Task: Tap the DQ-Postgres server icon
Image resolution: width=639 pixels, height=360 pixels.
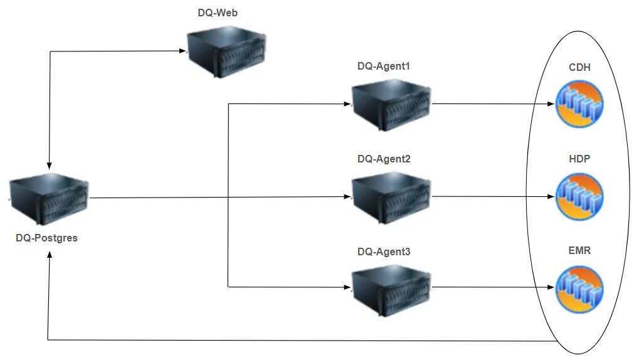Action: (x=50, y=200)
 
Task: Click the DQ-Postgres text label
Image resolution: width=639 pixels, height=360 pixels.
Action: (x=47, y=238)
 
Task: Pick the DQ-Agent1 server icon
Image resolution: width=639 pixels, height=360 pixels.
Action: (x=391, y=105)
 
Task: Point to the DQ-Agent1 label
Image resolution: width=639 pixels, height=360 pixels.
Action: (x=384, y=66)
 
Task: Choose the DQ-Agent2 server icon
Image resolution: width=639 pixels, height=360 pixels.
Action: (x=391, y=197)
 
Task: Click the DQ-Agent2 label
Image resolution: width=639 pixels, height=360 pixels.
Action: (x=384, y=159)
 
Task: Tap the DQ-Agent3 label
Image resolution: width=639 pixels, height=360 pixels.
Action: (x=384, y=252)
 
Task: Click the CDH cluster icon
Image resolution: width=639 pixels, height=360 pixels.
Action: (x=579, y=104)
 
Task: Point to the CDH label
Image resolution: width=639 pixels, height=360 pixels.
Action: (x=579, y=68)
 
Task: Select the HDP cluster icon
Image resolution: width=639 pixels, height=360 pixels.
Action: (x=579, y=196)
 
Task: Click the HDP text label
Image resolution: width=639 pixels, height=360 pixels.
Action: (x=579, y=159)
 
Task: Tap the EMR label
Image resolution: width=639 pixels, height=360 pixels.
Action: (x=579, y=250)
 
